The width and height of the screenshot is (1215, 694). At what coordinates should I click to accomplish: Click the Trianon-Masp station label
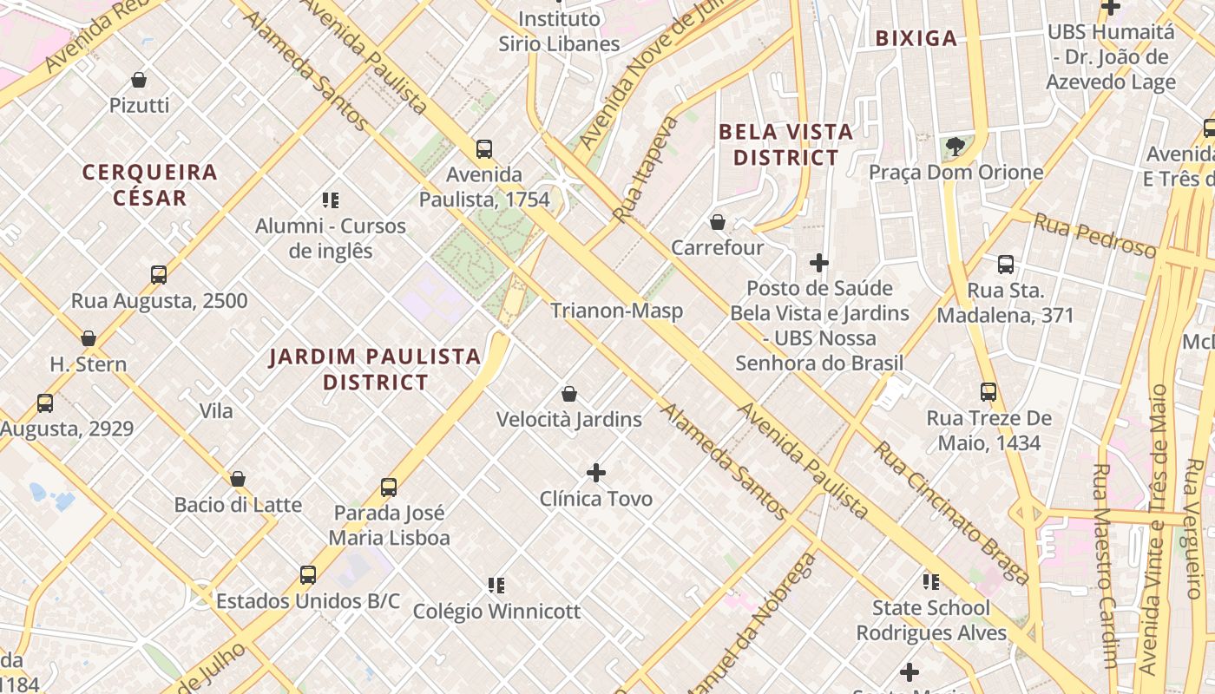616,311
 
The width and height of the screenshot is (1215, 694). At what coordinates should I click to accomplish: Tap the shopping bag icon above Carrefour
718,222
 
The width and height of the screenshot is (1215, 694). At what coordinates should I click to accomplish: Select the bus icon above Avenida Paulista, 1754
484,148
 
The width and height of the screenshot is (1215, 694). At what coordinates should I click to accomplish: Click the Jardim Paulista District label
375,369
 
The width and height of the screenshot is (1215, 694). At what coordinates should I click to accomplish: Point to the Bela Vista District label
786,145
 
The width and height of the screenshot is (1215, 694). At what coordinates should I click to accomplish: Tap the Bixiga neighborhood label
916,38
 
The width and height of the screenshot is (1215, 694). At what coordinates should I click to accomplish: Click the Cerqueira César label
149,185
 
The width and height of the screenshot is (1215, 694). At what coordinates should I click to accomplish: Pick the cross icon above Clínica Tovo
596,473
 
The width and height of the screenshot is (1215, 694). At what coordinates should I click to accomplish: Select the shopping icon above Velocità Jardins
569,394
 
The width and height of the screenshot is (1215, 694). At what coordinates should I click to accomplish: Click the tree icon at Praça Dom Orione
956,147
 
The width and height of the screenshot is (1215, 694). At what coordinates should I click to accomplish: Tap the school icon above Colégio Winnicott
496,586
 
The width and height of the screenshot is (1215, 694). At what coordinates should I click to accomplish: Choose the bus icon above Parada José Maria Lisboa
389,488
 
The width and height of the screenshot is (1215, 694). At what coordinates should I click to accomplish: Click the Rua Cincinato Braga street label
951,514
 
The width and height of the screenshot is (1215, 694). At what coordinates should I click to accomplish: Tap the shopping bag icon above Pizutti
139,80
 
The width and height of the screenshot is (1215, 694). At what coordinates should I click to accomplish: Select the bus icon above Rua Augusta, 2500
159,275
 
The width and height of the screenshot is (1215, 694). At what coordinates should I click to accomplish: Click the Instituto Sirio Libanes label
559,31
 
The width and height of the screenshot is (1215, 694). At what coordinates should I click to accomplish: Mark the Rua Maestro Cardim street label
1106,564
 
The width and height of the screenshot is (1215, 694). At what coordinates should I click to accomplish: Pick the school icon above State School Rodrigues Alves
931,581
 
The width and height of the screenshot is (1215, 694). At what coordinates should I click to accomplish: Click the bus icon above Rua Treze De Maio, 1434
988,392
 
